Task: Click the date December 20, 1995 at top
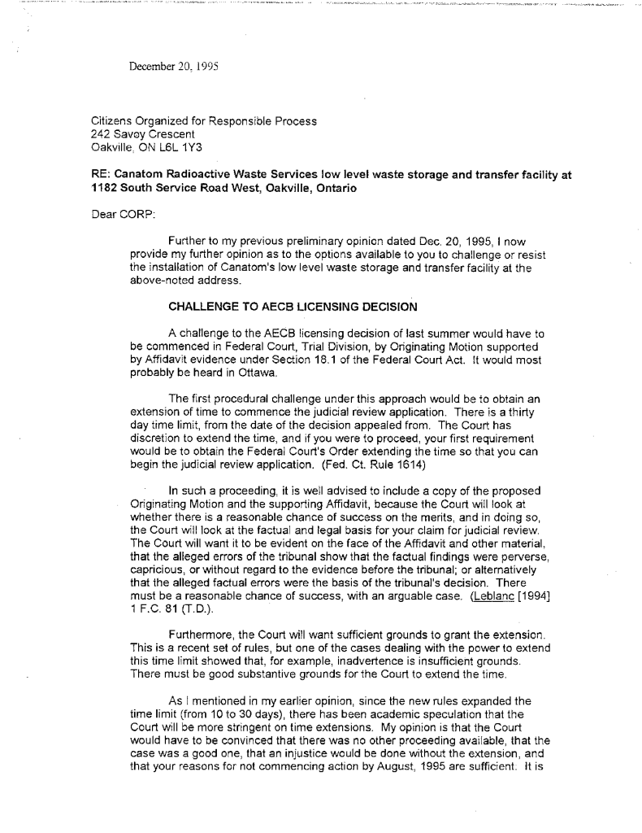(170, 66)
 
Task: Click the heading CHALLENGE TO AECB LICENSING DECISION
(293, 307)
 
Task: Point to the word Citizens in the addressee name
(114, 121)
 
